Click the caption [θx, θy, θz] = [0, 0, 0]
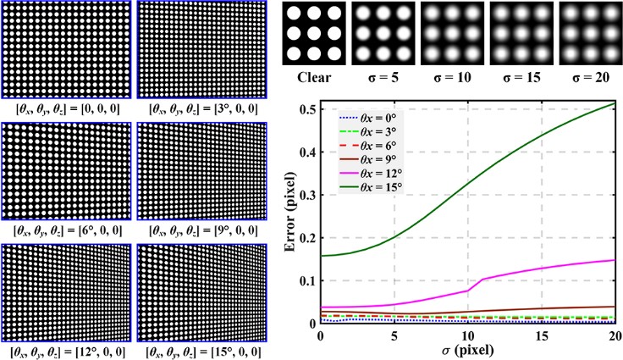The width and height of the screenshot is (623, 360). pyautogui.click(x=64, y=108)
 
